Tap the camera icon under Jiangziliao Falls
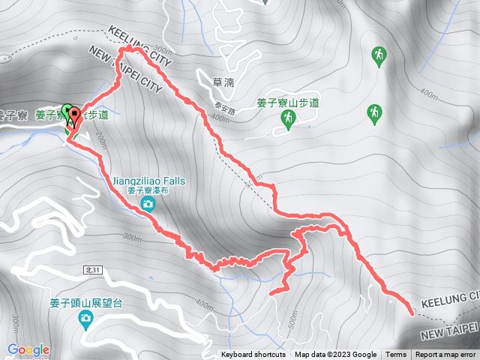coord(148,203)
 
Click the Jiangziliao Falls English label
coord(148,181)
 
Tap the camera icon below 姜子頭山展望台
coord(85,319)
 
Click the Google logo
coord(28,349)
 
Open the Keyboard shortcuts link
coord(253,355)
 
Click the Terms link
coord(396,355)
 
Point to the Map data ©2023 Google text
coord(335,355)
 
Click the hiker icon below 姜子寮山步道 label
coord(287,118)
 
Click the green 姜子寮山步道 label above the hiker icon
coord(287,102)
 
